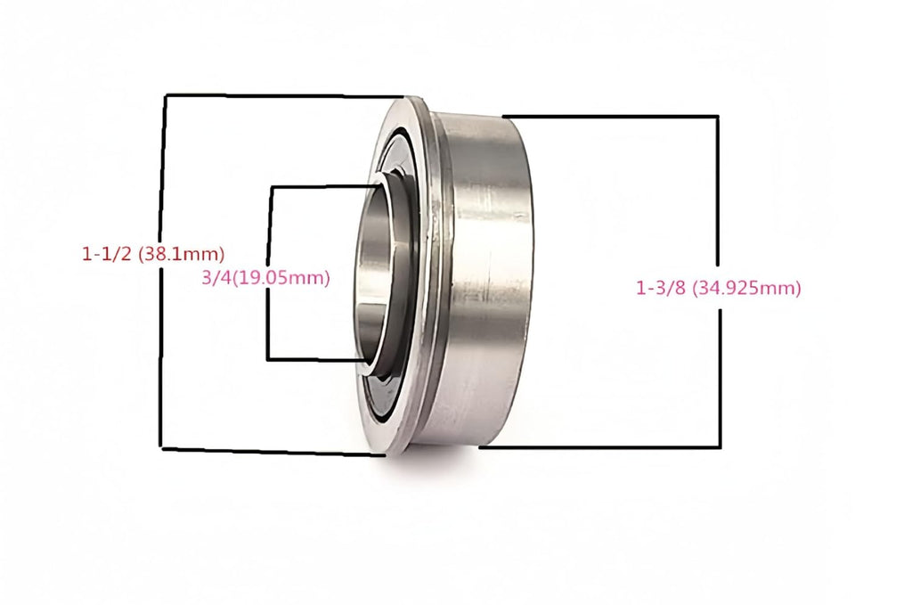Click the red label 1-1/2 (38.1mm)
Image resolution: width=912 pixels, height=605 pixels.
(x=153, y=254)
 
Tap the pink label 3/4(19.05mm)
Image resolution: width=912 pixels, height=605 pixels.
(x=265, y=278)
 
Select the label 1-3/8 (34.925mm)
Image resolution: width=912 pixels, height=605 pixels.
(x=719, y=288)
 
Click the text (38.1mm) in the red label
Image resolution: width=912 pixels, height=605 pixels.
(x=182, y=254)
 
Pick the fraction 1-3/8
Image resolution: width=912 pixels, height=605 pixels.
(x=661, y=288)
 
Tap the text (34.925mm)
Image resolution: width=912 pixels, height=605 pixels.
(x=747, y=289)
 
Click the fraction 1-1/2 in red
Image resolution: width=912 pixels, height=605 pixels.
(x=107, y=254)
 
